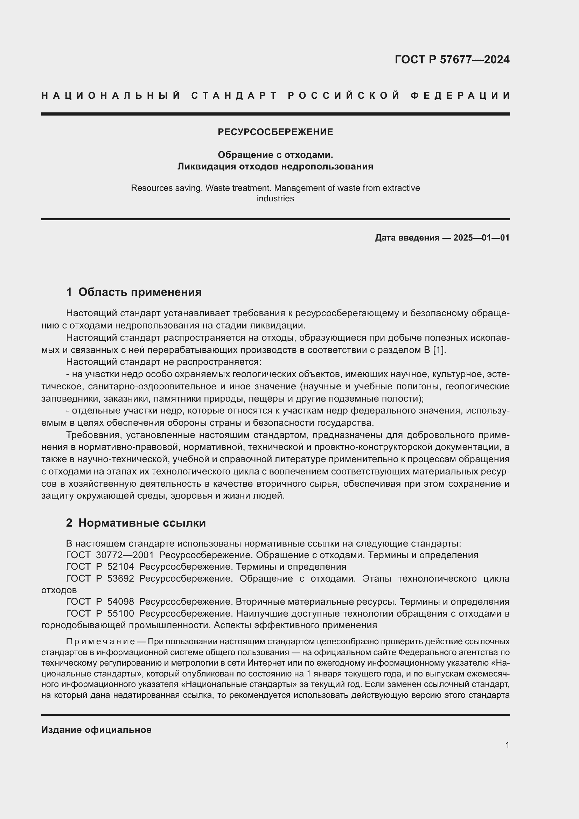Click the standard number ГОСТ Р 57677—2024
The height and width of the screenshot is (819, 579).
pyautogui.click(x=452, y=60)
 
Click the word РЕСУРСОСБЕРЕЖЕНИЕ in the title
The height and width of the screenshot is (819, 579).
pyautogui.click(x=275, y=132)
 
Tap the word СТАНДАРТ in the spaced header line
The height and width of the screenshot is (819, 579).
pyautogui.click(x=234, y=96)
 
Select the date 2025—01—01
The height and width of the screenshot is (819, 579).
pyautogui.click(x=481, y=237)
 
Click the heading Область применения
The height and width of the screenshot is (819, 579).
pyautogui.click(x=140, y=292)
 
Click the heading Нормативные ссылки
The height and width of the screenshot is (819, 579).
pyautogui.click(x=142, y=523)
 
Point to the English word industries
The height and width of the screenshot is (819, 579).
pyautogui.click(x=275, y=199)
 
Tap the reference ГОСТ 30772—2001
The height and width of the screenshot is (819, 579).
pyautogui.click(x=110, y=555)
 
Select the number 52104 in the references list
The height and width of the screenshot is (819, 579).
pyautogui.click(x=120, y=567)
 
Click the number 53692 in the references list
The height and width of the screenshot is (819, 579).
pyautogui.click(x=120, y=578)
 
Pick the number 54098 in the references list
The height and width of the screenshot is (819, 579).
pyautogui.click(x=120, y=602)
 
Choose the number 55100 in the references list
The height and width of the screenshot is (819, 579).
pyautogui.click(x=120, y=613)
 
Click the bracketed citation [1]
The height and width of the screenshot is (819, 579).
pyautogui.click(x=439, y=350)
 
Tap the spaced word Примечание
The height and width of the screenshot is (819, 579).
pyautogui.click(x=100, y=642)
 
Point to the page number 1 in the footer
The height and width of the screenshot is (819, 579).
pyautogui.click(x=507, y=745)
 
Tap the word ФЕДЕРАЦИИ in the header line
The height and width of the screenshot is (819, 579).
pyautogui.click(x=460, y=96)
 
